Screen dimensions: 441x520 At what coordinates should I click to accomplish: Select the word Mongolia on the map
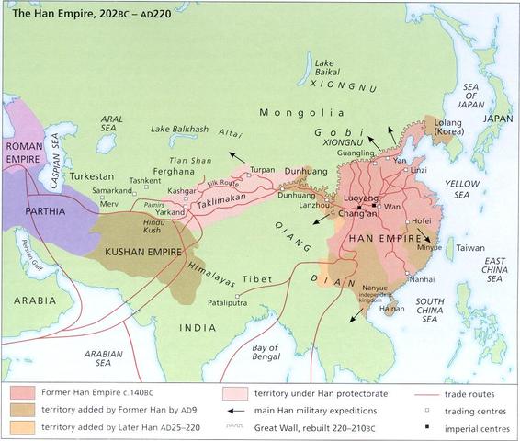[x=288, y=113]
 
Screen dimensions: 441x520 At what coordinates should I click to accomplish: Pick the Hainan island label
[x=390, y=310]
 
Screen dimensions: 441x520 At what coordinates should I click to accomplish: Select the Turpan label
[x=263, y=170]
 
